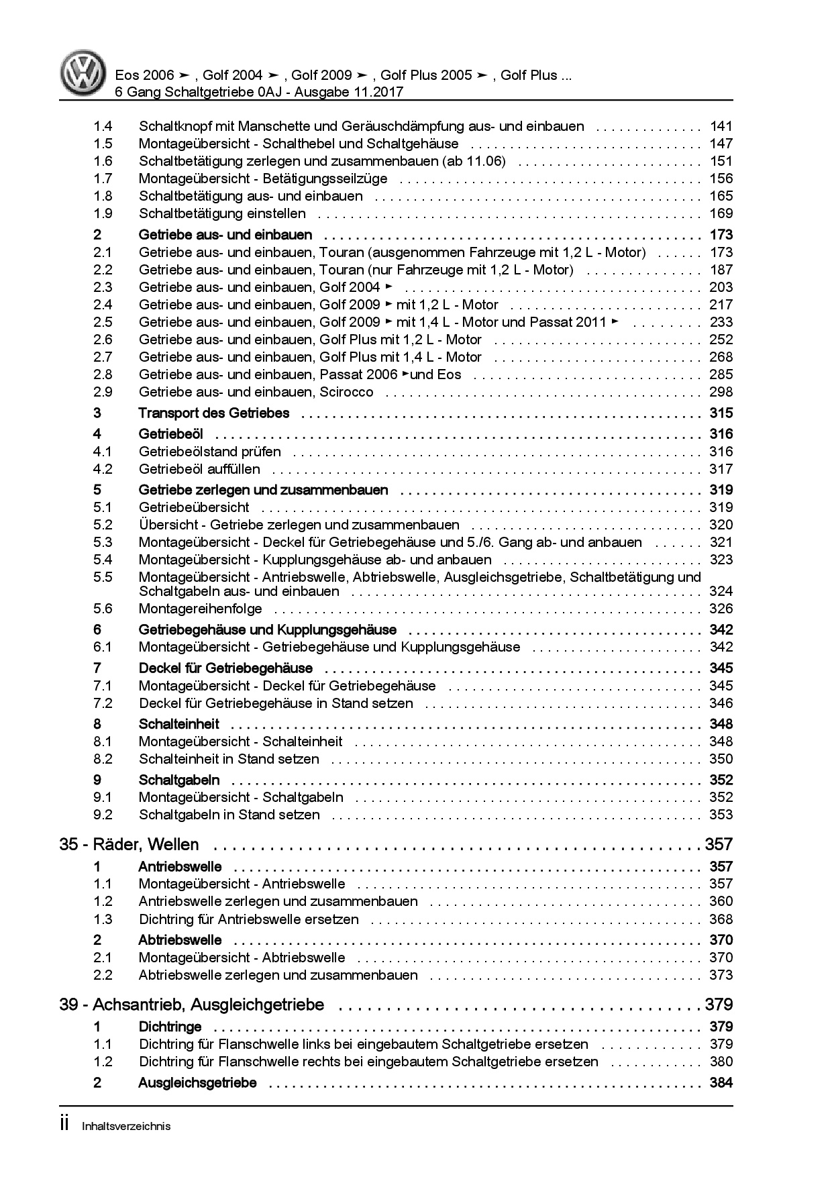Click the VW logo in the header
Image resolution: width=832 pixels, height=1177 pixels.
click(x=84, y=73)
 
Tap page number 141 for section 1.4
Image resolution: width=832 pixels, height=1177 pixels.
click(x=721, y=126)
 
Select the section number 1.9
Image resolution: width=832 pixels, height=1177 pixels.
click(x=103, y=213)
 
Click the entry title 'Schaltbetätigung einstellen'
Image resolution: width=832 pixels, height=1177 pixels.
click(x=222, y=213)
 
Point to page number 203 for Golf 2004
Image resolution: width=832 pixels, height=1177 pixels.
click(x=721, y=287)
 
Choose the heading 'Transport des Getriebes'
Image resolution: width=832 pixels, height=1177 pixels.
click(x=213, y=413)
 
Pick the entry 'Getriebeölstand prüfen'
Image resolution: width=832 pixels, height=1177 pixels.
click(x=209, y=452)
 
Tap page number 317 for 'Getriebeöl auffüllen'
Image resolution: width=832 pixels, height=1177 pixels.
click(x=721, y=469)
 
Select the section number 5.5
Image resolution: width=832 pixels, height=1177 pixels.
click(x=103, y=577)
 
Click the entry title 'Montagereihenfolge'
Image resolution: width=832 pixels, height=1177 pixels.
click(x=200, y=609)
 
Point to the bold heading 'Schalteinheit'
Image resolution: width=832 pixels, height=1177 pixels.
click(x=178, y=724)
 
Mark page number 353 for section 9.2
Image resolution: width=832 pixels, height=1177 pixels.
click(x=721, y=815)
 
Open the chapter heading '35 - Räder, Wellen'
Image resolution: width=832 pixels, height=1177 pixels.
click(x=129, y=844)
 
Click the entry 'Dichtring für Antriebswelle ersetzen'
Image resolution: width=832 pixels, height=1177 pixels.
click(x=248, y=919)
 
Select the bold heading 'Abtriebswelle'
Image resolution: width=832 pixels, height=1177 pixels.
click(x=180, y=940)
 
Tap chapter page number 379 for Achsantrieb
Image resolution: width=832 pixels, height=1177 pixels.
click(x=718, y=1005)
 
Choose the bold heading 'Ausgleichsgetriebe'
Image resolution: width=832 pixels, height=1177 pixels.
click(x=197, y=1082)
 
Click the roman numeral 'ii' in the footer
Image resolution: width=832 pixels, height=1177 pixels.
click(x=64, y=1125)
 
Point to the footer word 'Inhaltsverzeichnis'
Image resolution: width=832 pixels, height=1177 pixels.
click(x=126, y=1126)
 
